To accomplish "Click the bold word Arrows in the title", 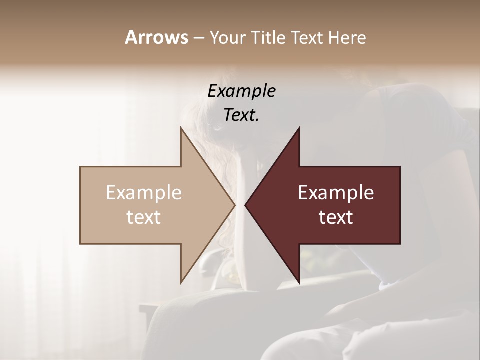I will coord(156,37).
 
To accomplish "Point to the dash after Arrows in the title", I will coord(198,38).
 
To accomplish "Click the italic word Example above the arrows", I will coord(241,91).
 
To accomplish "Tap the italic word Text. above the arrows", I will coord(241,115).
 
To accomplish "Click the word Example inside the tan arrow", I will coord(143,192).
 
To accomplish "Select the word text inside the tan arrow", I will coord(143,217).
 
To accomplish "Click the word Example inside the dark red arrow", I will coord(336,192).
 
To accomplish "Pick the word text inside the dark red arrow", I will coord(336,217).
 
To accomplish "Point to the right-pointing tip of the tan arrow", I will coord(235,205).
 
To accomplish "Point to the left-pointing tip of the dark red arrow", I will coord(245,205).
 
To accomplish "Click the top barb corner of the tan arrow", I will coord(181,127).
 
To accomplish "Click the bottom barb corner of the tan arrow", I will coord(181,283).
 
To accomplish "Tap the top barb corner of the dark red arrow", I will coord(299,127).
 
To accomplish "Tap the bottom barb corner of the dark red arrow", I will coord(299,283).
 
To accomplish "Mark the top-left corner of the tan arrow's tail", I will coord(80,167).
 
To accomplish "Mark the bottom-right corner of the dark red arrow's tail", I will coord(400,243).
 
